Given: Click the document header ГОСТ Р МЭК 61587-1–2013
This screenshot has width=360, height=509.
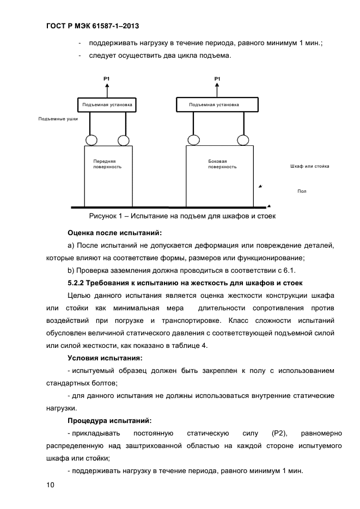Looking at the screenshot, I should point(94,26).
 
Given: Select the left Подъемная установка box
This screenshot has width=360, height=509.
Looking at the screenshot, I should point(107,104).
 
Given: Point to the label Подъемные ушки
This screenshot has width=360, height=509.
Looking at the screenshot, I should point(58,118).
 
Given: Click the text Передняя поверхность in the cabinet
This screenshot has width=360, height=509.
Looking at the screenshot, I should point(105,164).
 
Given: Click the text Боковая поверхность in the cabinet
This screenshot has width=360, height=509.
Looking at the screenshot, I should point(222,164).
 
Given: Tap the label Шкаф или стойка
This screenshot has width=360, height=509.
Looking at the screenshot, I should point(309,166).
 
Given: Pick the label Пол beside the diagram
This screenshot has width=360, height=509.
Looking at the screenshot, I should point(302,191).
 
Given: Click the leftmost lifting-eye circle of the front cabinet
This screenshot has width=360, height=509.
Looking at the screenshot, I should point(91,140).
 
